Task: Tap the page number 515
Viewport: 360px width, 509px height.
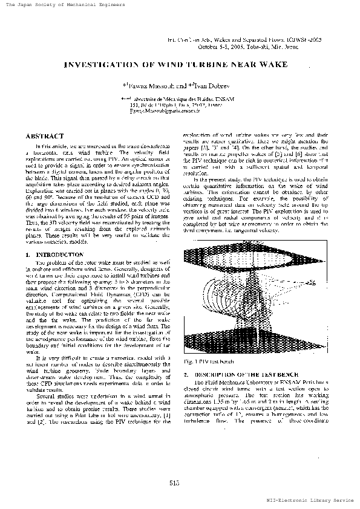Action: (175, 482)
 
